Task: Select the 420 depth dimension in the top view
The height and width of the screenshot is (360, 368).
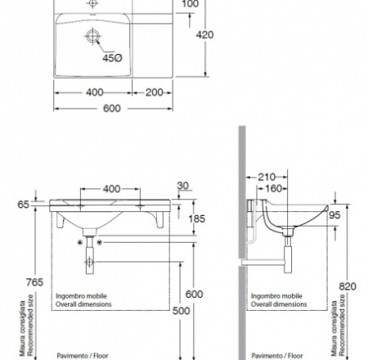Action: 213,34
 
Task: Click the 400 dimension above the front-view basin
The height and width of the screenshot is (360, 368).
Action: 113,189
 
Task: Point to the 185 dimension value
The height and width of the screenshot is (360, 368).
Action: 197,218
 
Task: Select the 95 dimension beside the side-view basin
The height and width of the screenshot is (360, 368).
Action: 334,217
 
